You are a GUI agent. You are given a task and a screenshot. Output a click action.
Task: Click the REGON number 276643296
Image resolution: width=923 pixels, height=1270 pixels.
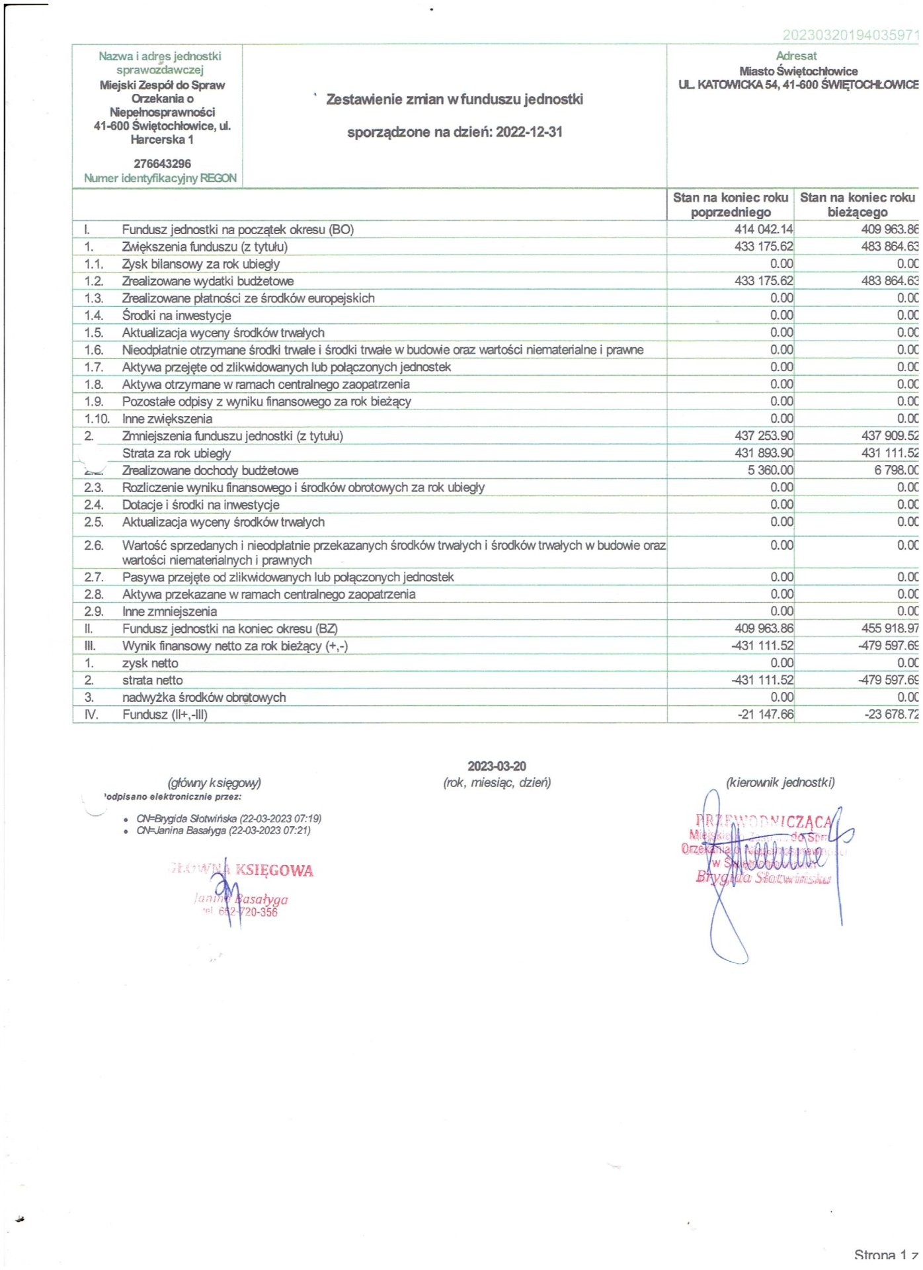[162, 163]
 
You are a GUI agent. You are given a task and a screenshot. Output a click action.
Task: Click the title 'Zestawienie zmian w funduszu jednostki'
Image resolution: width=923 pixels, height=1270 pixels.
[454, 99]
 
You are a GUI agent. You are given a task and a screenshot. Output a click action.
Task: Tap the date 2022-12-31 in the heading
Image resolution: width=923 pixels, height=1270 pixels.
[529, 132]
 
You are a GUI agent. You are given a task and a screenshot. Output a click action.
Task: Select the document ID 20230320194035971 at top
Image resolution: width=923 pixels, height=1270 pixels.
[850, 35]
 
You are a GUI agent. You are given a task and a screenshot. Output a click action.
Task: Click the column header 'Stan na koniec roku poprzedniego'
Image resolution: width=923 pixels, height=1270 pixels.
[730, 204]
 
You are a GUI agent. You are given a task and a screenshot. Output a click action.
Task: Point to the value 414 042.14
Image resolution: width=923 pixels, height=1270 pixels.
[764, 230]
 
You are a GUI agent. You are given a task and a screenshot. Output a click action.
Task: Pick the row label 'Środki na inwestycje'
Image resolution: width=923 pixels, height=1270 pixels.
[177, 316]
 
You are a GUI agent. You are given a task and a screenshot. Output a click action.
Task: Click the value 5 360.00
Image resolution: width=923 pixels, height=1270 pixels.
[770, 470]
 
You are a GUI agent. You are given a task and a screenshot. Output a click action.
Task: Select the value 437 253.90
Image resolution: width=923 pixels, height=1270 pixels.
[764, 436]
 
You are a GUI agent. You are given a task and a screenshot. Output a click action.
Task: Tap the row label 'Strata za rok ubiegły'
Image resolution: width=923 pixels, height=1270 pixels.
[177, 453]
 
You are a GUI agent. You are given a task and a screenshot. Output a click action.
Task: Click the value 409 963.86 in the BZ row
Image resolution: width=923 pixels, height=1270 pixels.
[764, 628]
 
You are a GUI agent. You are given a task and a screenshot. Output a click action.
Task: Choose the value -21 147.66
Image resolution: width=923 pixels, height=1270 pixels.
[766, 714]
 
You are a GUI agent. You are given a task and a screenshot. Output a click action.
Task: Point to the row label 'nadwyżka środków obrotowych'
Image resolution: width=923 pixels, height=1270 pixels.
[204, 697]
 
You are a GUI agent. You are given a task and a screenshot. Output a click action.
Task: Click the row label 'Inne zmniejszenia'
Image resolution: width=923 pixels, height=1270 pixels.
[169, 611]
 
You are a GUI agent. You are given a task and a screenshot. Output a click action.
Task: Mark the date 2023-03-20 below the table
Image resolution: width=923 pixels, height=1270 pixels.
[497, 766]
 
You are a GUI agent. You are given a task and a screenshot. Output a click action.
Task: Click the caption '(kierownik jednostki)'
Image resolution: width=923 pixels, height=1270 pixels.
[780, 783]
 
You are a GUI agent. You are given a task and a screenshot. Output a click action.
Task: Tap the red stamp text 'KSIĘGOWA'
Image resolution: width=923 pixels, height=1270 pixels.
[274, 870]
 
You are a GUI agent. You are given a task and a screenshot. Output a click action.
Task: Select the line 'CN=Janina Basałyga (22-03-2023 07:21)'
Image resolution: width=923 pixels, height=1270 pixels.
[223, 830]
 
